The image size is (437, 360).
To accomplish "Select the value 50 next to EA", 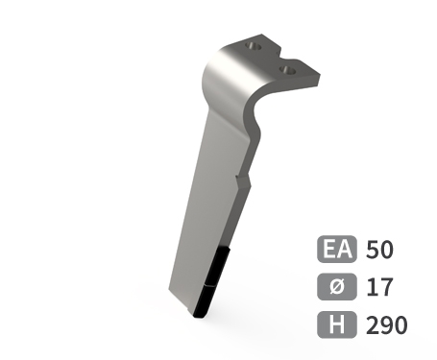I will [379, 251].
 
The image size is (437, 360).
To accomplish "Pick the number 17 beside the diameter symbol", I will [377, 287].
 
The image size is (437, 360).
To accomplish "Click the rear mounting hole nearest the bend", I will [254, 44].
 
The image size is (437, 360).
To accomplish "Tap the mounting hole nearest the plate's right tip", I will [285, 69].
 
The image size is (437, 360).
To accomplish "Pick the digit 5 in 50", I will [373, 251].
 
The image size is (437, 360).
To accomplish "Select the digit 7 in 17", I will [384, 287].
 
